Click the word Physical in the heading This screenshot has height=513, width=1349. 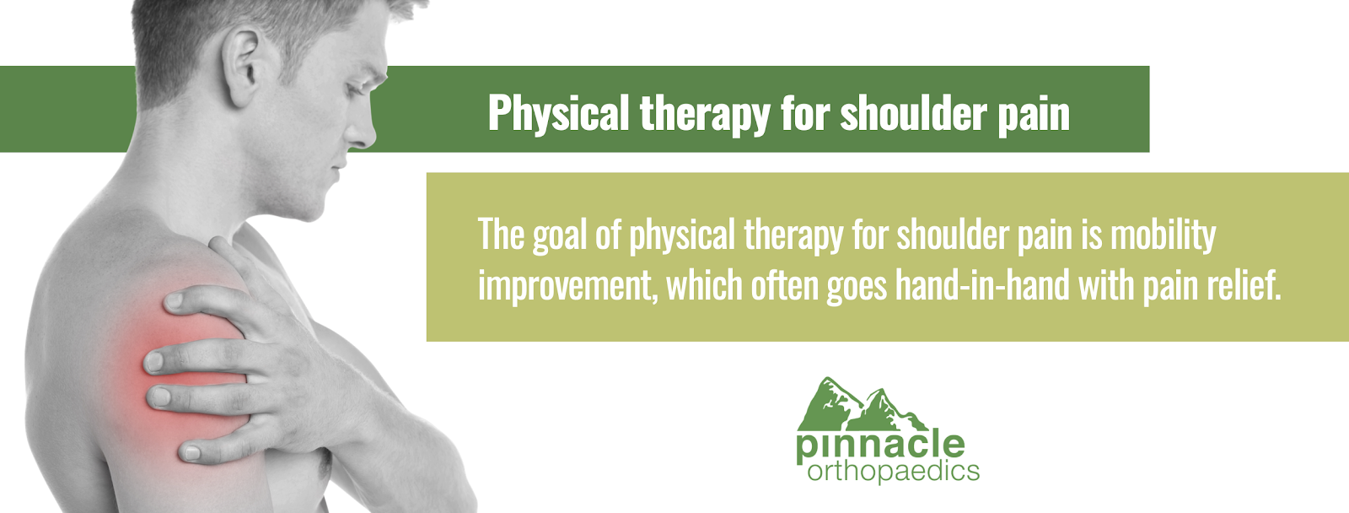coord(558,114)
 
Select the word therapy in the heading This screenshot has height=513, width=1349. coord(705,114)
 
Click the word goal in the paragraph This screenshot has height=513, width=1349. coord(560,235)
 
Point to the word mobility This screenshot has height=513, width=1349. coord(1164,235)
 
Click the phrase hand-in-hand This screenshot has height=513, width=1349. coord(982,284)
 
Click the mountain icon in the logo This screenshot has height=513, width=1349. coord(862,404)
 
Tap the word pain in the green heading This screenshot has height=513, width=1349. coord(1034,115)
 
